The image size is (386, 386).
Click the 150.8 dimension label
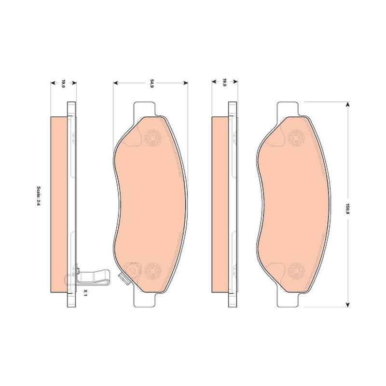[347, 207]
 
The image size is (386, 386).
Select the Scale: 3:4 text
[39, 196]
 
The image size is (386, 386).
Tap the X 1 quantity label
[85, 292]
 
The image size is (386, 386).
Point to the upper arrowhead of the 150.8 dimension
[347, 105]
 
